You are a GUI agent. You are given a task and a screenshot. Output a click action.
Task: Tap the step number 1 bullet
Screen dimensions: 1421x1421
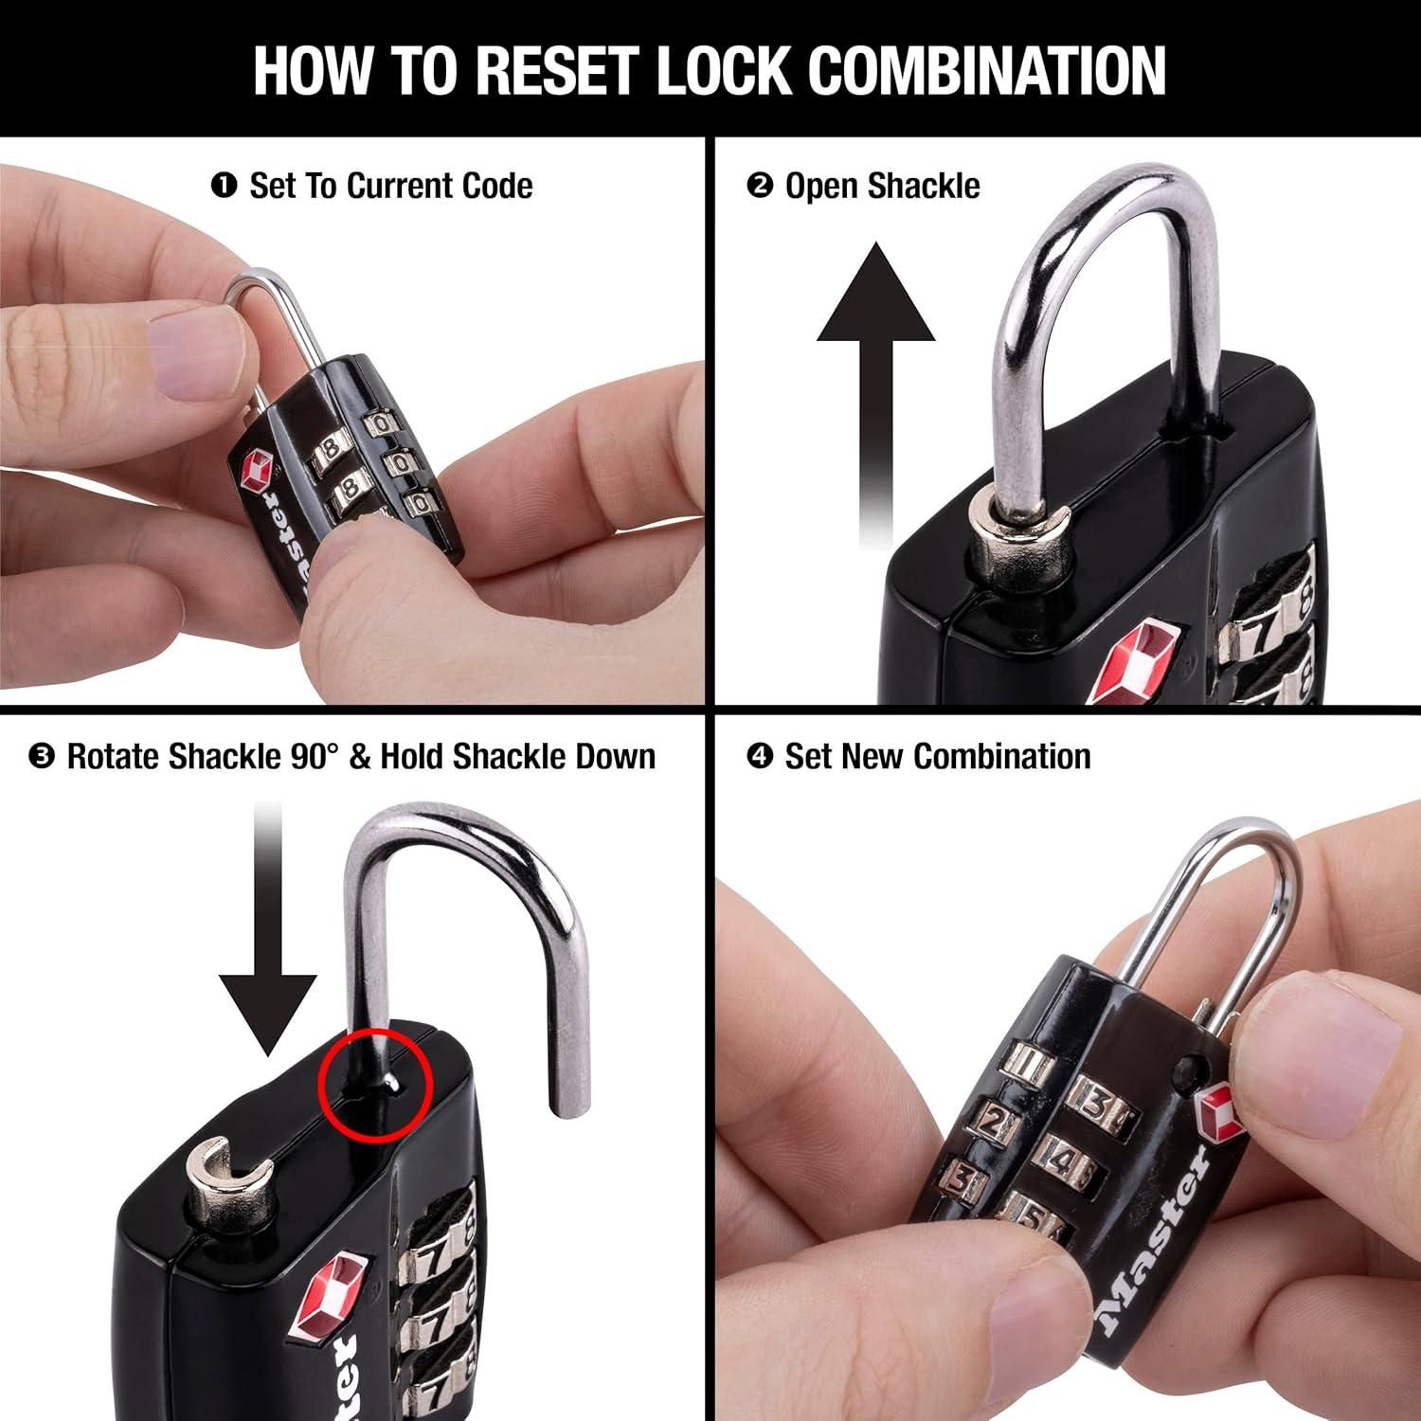224,186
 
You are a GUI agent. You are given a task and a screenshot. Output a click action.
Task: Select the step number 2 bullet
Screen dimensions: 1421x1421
760,186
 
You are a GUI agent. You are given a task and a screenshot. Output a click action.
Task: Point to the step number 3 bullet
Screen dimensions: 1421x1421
42,757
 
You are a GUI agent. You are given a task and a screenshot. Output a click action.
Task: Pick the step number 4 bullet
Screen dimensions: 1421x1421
760,757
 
